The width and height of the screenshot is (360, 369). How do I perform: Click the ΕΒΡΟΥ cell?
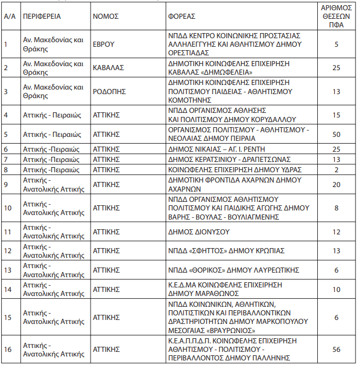tap(104, 44)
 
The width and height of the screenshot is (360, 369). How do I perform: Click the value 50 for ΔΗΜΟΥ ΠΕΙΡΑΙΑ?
tap(336, 135)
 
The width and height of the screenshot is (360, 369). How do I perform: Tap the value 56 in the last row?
tap(336, 350)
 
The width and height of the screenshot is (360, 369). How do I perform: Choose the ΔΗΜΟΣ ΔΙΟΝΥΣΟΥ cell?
tap(199, 232)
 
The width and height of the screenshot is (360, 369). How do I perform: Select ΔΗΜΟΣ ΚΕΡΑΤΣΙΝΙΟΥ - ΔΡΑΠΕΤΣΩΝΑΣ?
tap(230, 159)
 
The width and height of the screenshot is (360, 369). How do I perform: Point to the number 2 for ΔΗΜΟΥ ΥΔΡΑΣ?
tap(336, 169)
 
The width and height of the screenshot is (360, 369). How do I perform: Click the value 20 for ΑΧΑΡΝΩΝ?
tap(336, 184)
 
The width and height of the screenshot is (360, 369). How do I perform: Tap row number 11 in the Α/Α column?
tap(9, 232)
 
